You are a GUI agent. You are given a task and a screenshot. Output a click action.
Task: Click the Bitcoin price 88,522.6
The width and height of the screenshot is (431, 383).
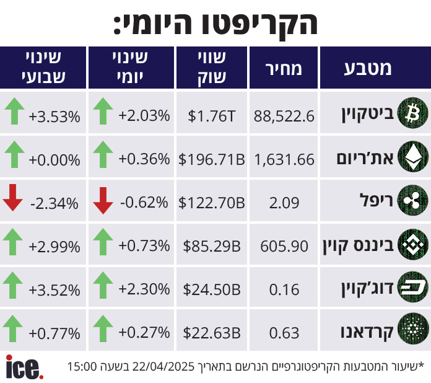click(x=284, y=115)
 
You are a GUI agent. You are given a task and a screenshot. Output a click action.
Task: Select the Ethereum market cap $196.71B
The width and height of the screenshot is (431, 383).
click(x=211, y=159)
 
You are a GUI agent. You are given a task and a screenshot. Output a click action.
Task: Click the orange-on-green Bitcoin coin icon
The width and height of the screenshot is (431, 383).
click(x=412, y=113)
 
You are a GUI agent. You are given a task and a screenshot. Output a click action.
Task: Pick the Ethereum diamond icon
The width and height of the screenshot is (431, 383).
click(x=412, y=157)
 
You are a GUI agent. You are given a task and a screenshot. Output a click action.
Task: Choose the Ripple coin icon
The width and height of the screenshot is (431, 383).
click(x=412, y=201)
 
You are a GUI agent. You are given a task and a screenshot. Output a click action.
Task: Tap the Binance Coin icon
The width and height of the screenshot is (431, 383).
click(x=412, y=245)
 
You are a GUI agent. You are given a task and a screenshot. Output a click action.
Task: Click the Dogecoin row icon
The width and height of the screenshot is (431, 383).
click(x=412, y=288)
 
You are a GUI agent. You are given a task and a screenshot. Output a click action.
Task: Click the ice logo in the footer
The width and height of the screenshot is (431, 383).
click(x=24, y=366)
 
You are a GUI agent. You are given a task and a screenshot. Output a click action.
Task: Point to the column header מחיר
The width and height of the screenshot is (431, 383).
click(x=284, y=68)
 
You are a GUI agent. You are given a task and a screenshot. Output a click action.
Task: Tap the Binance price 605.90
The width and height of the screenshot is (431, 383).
click(x=284, y=246)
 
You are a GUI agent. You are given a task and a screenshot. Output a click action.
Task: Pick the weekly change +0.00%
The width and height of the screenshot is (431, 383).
click(x=54, y=159)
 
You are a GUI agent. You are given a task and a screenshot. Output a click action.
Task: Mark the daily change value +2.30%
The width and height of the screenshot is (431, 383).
click(x=144, y=289)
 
